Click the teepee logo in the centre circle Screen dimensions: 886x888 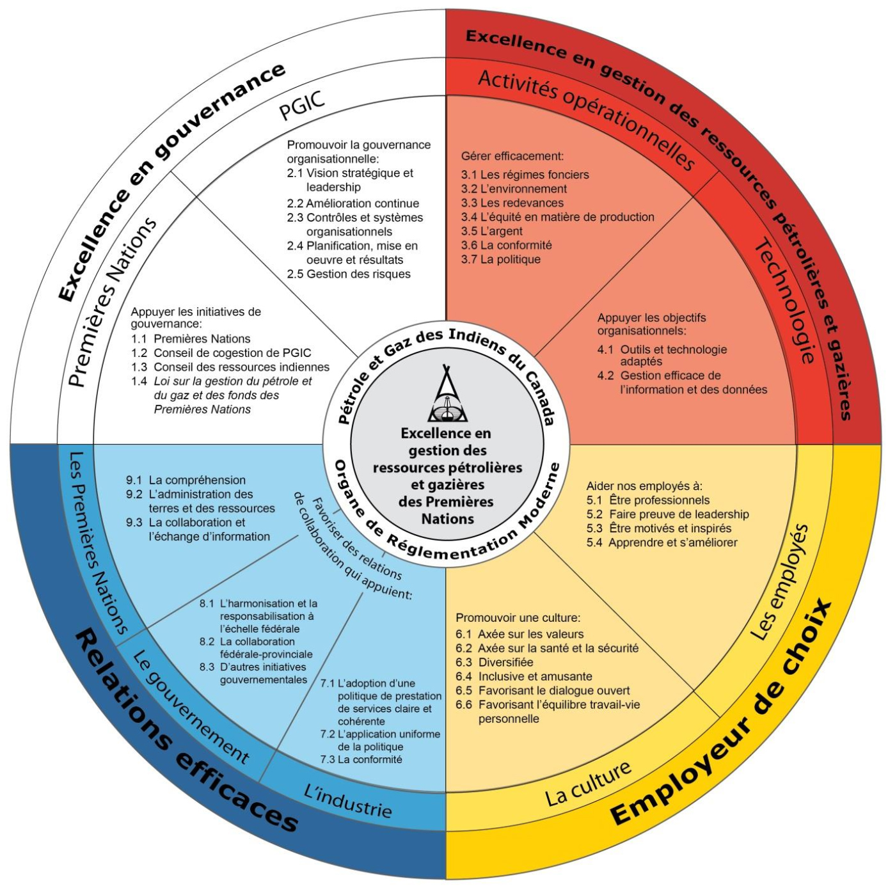point(448,395)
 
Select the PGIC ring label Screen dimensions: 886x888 point(302,105)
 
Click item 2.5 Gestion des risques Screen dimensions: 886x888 point(349,274)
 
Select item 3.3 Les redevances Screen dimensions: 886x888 point(512,203)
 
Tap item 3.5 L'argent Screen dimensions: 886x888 point(491,231)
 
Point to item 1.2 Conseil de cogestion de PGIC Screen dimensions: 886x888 point(221,352)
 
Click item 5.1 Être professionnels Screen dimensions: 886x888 point(648,500)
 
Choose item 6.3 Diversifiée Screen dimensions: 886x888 point(494,662)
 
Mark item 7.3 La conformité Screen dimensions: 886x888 point(361,759)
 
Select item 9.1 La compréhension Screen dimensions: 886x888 point(186,480)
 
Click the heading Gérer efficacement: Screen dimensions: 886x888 point(512,156)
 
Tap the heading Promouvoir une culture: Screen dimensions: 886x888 point(518,618)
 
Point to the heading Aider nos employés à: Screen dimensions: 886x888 point(644,486)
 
